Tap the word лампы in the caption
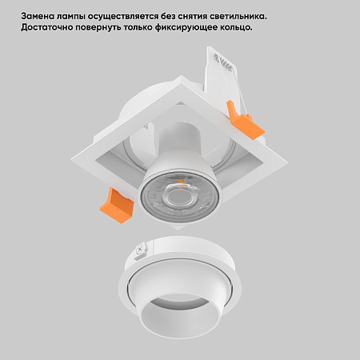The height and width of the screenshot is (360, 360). [76, 16]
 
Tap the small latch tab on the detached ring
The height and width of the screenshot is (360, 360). [141, 254]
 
